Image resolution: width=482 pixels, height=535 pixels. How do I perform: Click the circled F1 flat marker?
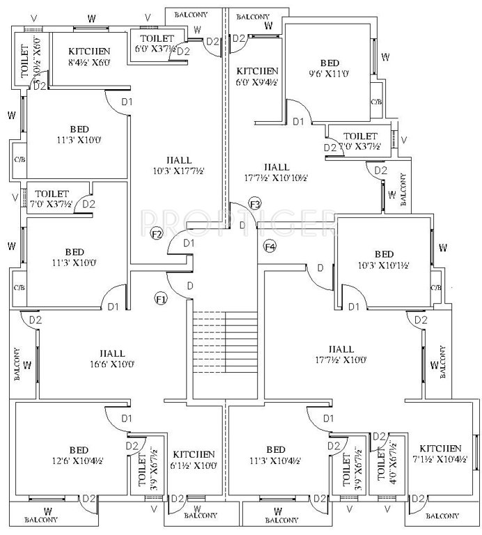[161, 299]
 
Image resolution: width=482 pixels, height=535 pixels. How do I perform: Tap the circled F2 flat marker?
[157, 233]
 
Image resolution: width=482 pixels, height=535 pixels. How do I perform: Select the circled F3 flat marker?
[255, 204]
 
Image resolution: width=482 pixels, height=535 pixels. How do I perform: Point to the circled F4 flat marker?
[270, 247]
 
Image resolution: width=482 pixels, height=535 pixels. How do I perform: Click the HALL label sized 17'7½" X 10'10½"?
[277, 172]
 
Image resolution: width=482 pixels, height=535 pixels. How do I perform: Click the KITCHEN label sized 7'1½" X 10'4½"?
[442, 453]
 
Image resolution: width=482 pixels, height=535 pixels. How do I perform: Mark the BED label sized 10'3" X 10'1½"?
[383, 260]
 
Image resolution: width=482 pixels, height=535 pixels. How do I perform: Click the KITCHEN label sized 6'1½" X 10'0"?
[194, 460]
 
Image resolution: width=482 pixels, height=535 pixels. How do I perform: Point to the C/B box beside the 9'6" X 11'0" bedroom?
[377, 102]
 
